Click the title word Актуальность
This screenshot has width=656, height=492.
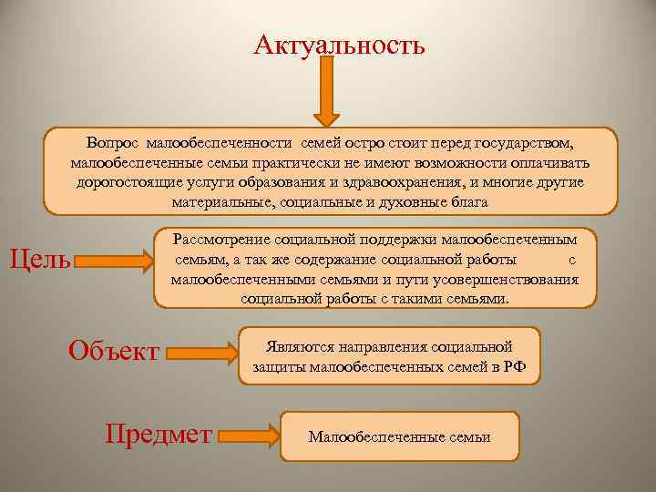coord(339,43)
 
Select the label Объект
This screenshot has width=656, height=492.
coord(115,351)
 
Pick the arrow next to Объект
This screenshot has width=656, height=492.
coord(200,351)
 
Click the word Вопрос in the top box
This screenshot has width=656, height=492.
coord(113,143)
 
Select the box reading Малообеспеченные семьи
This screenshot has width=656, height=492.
coord(399,437)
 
